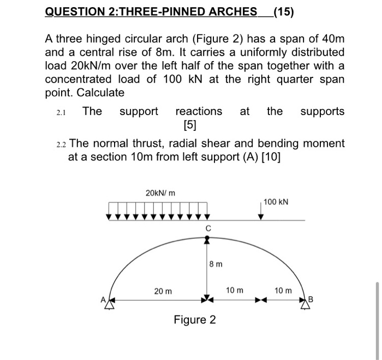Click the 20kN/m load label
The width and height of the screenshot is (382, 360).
click(x=160, y=193)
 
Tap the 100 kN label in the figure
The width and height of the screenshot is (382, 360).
click(x=276, y=202)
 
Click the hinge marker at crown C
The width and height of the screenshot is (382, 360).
click(x=207, y=238)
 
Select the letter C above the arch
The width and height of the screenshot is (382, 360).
click(x=207, y=227)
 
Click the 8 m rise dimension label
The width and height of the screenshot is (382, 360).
click(x=216, y=265)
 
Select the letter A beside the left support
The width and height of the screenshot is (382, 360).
click(x=102, y=299)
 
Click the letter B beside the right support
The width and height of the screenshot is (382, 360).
click(x=312, y=299)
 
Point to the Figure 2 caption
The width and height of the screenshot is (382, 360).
click(x=194, y=320)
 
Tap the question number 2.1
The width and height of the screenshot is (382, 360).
click(x=61, y=112)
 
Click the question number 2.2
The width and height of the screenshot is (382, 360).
click(x=61, y=145)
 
